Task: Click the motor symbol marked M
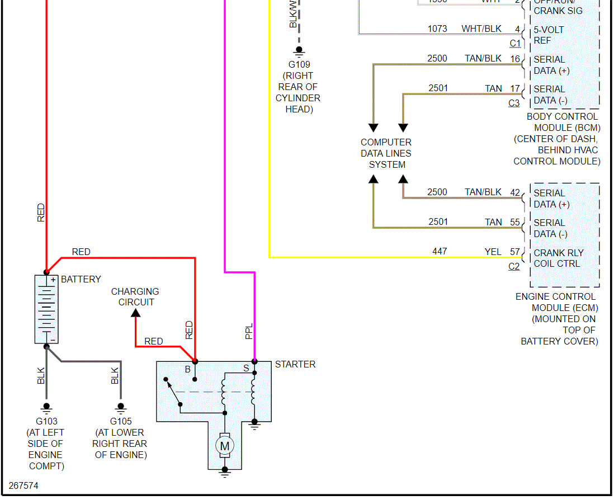(x=225, y=446)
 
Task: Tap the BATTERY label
(x=81, y=279)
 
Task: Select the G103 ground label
(x=46, y=421)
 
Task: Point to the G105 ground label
(x=120, y=421)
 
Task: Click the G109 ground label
(x=299, y=64)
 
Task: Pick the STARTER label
(x=295, y=364)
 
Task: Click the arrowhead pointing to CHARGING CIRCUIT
(x=135, y=313)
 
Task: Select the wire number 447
(x=440, y=252)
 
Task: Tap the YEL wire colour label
(x=493, y=252)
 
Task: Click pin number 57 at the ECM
(x=514, y=252)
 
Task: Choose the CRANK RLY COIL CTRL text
(x=557, y=258)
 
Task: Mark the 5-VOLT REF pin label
(x=549, y=35)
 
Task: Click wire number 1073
(x=437, y=29)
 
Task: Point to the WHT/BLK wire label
(x=481, y=29)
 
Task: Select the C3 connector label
(x=514, y=103)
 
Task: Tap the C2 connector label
(x=514, y=266)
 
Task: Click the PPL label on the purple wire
(x=249, y=331)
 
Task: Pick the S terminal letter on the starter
(x=245, y=368)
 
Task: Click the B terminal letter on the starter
(x=188, y=369)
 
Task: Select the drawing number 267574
(x=23, y=485)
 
